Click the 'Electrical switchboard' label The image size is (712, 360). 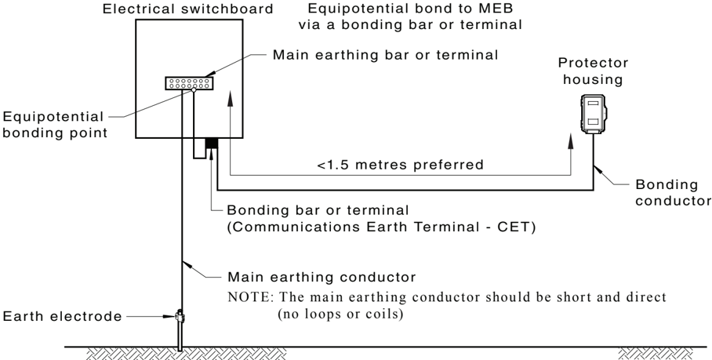tap(188, 9)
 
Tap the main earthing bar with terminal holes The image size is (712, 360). tap(189, 83)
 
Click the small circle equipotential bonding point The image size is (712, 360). tap(194, 90)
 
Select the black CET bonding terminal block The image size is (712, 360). tap(212, 143)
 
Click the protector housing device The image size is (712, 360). tap(594, 114)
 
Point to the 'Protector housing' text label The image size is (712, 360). tap(593, 71)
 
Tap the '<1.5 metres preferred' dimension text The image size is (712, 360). tap(400, 165)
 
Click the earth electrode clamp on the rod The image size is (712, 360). tap(180, 316)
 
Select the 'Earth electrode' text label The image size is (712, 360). tap(62, 316)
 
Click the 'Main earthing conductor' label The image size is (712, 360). tap(321, 277)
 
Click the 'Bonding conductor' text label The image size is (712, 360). tap(673, 192)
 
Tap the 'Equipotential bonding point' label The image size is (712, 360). tap(54, 125)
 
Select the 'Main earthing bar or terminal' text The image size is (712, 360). tap(385, 55)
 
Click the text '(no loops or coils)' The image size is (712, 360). tap(340, 314)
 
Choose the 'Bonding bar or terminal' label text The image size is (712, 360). tap(318, 210)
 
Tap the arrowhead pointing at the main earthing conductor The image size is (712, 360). tap(186, 264)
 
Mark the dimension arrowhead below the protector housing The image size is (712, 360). tap(571, 141)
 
